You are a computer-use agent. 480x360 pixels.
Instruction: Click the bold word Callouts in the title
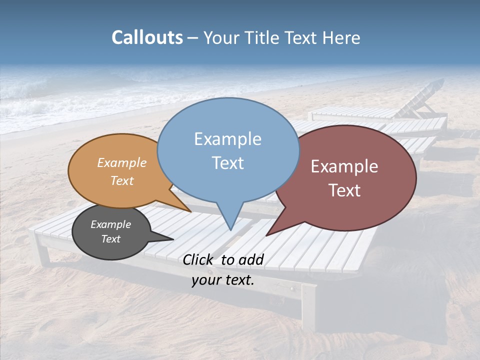tap(147, 37)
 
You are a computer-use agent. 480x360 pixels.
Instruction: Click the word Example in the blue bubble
tap(227, 139)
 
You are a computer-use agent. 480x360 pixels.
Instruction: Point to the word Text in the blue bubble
tap(227, 163)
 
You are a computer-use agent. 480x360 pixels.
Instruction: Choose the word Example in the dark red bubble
tap(344, 166)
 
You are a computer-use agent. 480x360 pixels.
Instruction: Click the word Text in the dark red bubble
tap(344, 190)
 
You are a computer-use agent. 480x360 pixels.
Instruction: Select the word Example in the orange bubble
tap(122, 163)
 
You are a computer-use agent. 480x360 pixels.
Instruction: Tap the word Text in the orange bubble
tap(122, 180)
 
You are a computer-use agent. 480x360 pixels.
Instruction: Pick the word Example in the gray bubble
tap(110, 224)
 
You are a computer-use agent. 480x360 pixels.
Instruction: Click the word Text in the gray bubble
tap(110, 239)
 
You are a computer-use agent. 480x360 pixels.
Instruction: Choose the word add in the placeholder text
tap(251, 259)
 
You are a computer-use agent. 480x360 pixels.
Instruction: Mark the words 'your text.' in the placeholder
tap(223, 280)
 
